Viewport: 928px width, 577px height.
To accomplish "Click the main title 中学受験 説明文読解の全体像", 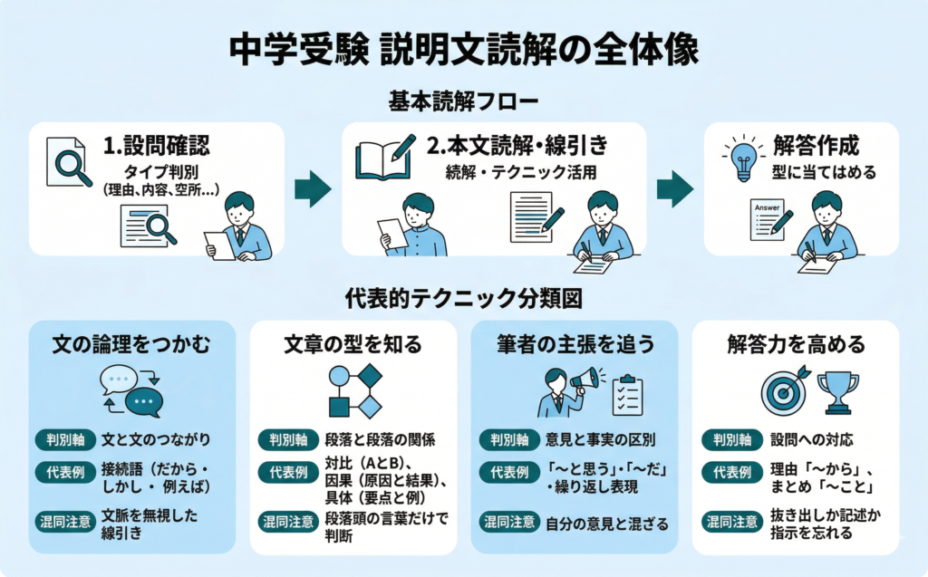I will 464,49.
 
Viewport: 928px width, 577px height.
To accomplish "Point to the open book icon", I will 384,159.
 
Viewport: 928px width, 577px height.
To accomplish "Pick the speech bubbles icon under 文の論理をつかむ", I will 132,389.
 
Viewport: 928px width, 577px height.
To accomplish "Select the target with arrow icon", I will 784,389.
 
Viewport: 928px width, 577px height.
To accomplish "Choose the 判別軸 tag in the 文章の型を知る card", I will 286,440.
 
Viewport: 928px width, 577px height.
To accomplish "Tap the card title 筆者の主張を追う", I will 575,344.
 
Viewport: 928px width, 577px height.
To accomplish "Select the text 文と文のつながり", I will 156,440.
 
